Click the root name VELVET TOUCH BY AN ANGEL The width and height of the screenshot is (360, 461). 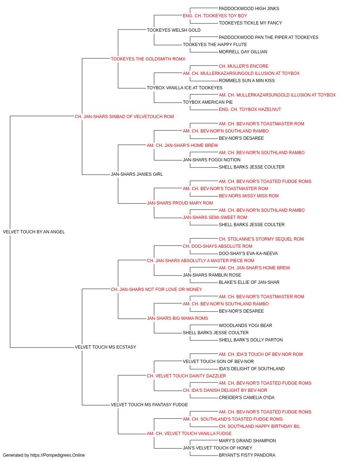pyautogui.click(x=34, y=232)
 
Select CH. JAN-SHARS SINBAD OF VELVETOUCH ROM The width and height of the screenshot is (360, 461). pyautogui.click(x=124, y=117)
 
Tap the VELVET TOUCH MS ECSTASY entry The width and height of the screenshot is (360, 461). pyautogui.click(x=105, y=347)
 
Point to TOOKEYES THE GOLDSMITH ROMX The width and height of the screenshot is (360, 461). pyautogui.click(x=148, y=59)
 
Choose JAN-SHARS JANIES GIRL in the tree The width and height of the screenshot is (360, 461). pyautogui.click(x=137, y=174)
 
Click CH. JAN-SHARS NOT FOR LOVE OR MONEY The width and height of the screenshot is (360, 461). pyautogui.click(x=156, y=289)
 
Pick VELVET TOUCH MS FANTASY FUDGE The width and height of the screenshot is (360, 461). pyautogui.click(x=149, y=404)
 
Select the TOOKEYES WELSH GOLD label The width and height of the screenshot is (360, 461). pyautogui.click(x=174, y=30)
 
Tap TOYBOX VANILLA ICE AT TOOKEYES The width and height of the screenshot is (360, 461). pyautogui.click(x=185, y=88)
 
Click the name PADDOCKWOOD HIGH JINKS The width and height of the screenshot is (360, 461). pyautogui.click(x=249, y=9)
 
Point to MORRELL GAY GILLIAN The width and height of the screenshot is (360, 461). pyautogui.click(x=243, y=52)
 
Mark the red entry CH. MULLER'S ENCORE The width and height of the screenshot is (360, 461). pyautogui.click(x=244, y=66)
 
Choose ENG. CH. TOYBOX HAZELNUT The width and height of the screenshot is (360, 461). pyautogui.click(x=250, y=109)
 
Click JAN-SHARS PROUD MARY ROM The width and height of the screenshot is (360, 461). pyautogui.click(x=180, y=203)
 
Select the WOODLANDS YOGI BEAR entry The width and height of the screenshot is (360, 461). pyautogui.click(x=245, y=326)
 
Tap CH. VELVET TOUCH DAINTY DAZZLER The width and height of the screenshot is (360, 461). pyautogui.click(x=186, y=376)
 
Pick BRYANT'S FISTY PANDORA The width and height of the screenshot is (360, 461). pyautogui.click(x=247, y=455)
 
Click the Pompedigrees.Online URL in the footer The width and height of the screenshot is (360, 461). pyautogui.click(x=58, y=455)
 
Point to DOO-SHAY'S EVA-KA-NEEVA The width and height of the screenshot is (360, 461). pyautogui.click(x=248, y=254)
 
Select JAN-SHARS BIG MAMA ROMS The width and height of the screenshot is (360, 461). pyautogui.click(x=177, y=318)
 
